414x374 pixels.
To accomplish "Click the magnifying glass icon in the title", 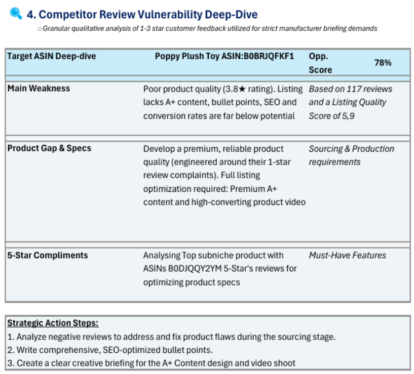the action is coord(16,14).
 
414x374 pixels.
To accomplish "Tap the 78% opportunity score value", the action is coord(383,63).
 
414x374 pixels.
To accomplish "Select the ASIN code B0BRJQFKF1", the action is coord(269,56).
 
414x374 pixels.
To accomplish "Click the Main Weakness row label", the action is coord(39,89).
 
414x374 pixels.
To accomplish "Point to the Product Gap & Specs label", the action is coord(49,148).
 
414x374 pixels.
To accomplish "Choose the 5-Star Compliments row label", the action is coord(48,255).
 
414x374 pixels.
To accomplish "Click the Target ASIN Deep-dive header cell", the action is coord(52,56).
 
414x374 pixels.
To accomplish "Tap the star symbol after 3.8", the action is coord(242,89).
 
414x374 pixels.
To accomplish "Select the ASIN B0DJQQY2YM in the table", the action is coord(195,269).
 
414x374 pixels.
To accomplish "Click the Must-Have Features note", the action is coord(348,255).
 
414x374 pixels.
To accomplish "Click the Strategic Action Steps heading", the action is coord(53,323).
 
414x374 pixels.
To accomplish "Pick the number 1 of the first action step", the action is coord(10,337).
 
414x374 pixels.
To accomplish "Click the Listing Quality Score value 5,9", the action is coord(348,116).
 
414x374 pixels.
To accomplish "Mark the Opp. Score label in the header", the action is coord(320,63).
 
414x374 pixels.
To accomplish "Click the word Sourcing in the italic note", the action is coord(325,149).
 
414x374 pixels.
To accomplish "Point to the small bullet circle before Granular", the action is coord(40,29).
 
